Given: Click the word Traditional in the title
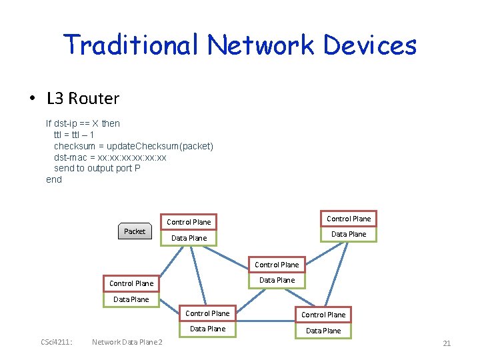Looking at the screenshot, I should [131, 45].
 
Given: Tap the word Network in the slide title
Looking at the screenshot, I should [260, 45].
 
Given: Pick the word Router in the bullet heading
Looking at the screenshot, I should [93, 99].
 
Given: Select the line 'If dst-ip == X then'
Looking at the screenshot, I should [83, 123].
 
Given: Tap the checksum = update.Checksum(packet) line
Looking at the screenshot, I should [133, 146].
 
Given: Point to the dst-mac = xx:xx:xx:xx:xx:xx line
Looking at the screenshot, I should [110, 157].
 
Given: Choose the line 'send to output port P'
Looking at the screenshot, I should [97, 168].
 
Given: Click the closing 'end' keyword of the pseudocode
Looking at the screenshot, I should [53, 179].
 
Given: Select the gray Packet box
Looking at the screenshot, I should [134, 231].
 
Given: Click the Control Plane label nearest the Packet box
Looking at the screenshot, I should [189, 222].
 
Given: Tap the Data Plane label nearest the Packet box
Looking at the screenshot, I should [189, 238].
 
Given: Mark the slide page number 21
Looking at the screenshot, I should [447, 343].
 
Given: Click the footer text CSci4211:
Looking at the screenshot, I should [57, 343].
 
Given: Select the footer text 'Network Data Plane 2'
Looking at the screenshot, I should [127, 343].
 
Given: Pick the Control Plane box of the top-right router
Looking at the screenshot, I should [349, 219].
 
